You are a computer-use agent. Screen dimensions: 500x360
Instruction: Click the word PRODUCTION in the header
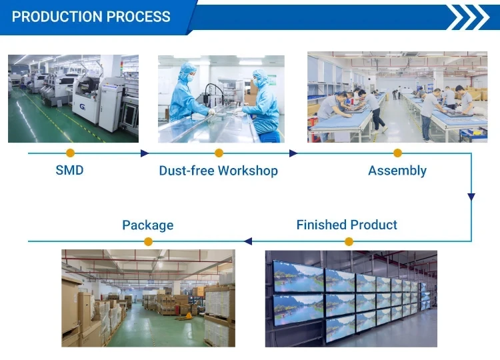(57, 17)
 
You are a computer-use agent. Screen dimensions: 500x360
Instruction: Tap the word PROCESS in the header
(139, 17)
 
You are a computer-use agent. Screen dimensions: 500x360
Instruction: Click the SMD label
(69, 170)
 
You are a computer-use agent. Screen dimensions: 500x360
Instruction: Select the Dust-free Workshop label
(219, 171)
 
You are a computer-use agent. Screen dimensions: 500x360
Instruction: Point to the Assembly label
(397, 171)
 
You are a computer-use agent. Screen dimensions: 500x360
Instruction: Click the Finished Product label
(347, 225)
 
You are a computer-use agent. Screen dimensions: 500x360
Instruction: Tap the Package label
(148, 225)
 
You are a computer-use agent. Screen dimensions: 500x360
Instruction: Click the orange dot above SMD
(70, 153)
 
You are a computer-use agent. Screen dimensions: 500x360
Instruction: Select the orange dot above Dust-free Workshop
(219, 153)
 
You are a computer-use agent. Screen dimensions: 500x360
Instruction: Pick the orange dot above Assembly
(397, 153)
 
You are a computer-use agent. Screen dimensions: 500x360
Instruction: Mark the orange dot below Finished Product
(349, 241)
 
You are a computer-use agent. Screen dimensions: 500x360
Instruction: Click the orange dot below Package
(148, 241)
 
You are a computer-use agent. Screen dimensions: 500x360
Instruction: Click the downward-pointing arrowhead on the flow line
(471, 197)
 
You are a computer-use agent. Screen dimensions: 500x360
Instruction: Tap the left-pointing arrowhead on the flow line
(248, 241)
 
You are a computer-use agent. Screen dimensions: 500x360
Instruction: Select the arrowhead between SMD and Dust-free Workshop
(145, 153)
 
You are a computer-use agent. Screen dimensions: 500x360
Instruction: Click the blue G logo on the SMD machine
(83, 107)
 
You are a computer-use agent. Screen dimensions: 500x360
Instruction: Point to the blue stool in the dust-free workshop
(270, 137)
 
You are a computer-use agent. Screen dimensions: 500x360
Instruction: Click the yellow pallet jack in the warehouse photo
(185, 317)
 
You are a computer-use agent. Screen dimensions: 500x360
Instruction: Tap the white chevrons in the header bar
(468, 17)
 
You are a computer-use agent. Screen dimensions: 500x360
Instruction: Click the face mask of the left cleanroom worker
(191, 77)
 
